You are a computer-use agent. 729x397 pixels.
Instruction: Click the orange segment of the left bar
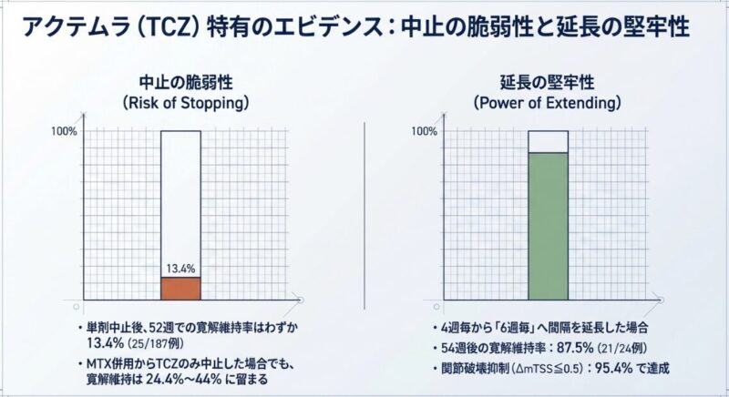coord(180,289)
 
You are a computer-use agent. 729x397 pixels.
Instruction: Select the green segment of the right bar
coord(548,226)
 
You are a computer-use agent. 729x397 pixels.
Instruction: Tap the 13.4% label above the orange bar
coord(180,270)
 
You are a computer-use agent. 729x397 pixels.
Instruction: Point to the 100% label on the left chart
coord(64,132)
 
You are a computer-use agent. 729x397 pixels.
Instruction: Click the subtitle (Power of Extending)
coord(548,103)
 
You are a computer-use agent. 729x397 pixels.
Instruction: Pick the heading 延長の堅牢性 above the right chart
coord(548,80)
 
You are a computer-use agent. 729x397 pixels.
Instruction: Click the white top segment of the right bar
coord(548,141)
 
